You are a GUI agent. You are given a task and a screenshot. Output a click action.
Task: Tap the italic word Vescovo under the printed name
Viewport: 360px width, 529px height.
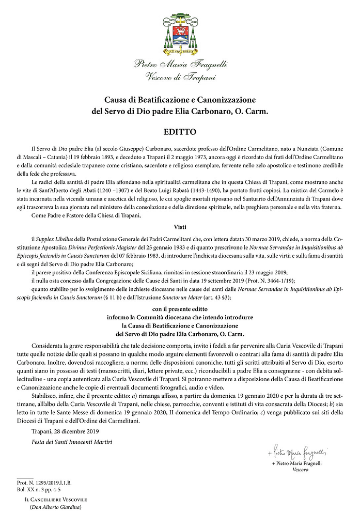tap(301, 471)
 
